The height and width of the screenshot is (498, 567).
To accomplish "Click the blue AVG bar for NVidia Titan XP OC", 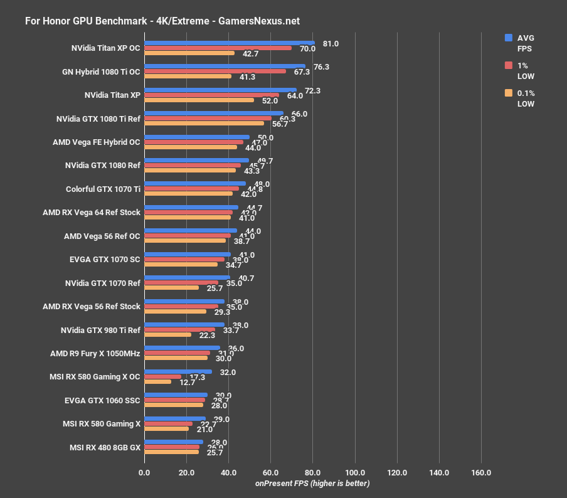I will [229, 43].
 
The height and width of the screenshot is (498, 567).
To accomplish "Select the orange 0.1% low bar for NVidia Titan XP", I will [199, 100].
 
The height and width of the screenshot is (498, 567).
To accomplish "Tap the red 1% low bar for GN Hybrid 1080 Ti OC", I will [215, 72].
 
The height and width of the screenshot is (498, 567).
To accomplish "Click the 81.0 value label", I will [331, 44].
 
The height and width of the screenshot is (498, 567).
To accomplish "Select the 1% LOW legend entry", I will [524, 70].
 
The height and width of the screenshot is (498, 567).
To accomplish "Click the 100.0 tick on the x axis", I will [355, 472].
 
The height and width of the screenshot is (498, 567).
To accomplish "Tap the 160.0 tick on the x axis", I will [481, 472].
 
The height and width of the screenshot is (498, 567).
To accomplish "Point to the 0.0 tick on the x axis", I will [144, 472].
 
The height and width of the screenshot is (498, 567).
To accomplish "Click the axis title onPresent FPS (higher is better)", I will [312, 483].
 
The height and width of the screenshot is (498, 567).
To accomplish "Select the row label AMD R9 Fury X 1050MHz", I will [95, 353].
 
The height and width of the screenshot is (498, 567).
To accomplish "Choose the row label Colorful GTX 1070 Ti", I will [103, 189].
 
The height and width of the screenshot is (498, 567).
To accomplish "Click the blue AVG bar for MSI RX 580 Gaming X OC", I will [178, 372].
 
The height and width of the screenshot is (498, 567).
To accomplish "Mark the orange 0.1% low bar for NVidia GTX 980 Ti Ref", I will [167, 334].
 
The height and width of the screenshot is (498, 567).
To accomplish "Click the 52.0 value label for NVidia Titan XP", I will [270, 100].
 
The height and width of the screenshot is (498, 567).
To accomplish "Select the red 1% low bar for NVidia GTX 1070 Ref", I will [181, 283].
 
